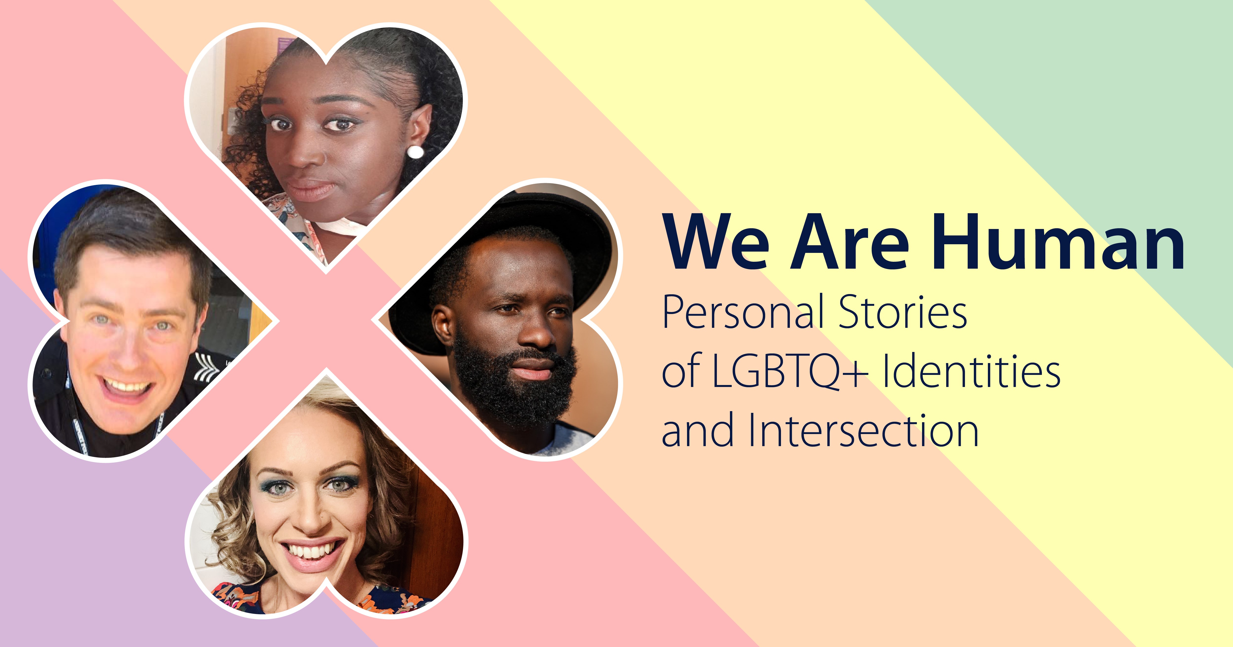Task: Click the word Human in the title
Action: pos(1058,242)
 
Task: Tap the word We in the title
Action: pos(718,242)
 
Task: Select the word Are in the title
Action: pos(850,242)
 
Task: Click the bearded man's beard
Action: pos(515,383)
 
